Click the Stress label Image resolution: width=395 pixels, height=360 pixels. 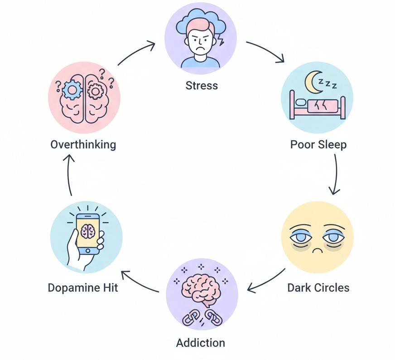202,85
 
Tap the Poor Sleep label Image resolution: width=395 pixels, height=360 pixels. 318,145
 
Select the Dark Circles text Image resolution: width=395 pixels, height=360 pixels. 318,287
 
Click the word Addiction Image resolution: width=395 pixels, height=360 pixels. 200,342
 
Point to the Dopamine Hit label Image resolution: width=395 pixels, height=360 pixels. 83,287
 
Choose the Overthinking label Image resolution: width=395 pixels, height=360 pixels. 83,145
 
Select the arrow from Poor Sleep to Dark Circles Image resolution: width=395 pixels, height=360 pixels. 335,175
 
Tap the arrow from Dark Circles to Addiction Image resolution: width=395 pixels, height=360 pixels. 266,281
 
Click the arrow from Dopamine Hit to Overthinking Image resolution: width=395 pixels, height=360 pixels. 69,175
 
